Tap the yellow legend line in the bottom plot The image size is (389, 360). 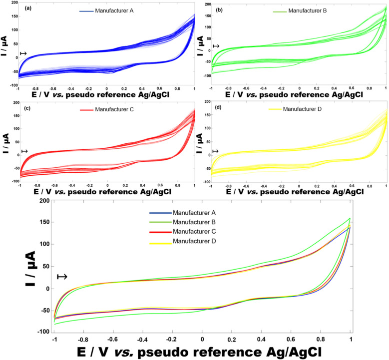coord(155,242)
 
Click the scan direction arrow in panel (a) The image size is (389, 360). coord(23,53)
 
